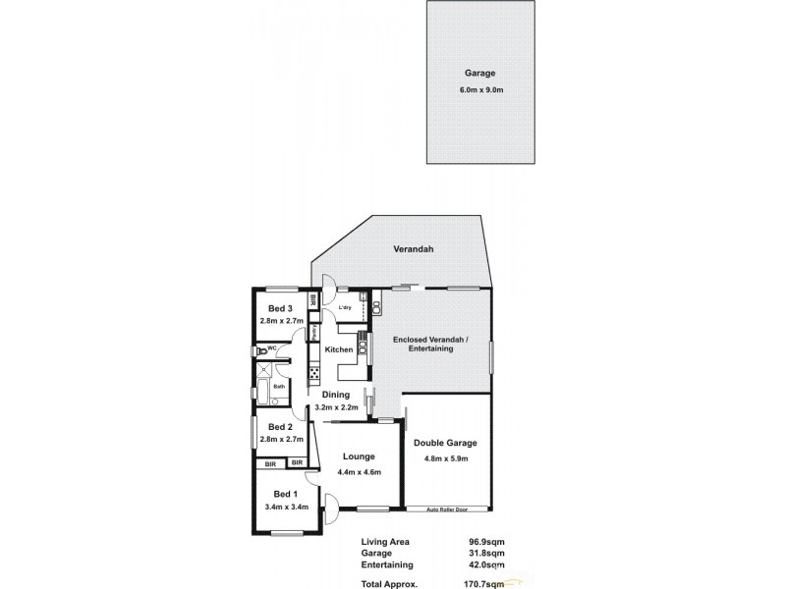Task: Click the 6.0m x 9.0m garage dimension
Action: click(x=481, y=90)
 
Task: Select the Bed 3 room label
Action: click(x=282, y=308)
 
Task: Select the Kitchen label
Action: click(x=339, y=350)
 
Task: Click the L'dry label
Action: click(x=345, y=308)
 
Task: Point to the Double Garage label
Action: click(x=445, y=443)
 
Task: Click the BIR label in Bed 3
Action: click(x=313, y=299)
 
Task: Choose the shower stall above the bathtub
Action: click(x=263, y=369)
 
